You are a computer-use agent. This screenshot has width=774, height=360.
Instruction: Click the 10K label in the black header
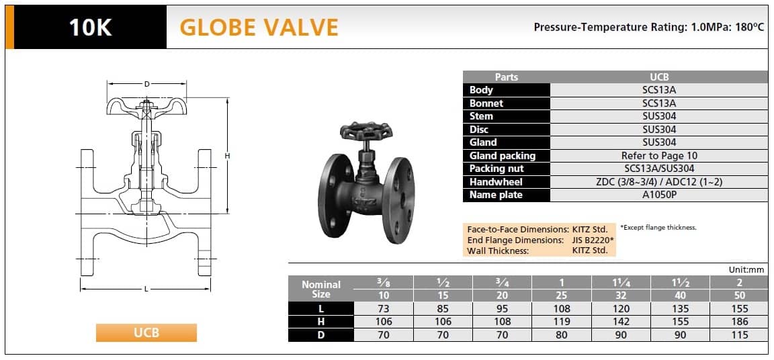(x=90, y=27)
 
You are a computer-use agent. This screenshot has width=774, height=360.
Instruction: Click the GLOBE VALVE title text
(x=259, y=27)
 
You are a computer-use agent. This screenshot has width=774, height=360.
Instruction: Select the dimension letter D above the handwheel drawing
(x=146, y=84)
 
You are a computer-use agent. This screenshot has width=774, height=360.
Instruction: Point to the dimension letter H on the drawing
(x=228, y=156)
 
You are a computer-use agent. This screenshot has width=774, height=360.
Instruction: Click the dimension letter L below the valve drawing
(x=146, y=289)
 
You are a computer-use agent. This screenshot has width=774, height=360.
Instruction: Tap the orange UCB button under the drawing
(x=146, y=332)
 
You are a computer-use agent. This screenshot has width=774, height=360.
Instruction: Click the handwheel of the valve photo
(x=366, y=130)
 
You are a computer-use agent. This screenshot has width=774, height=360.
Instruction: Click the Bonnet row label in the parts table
(x=486, y=103)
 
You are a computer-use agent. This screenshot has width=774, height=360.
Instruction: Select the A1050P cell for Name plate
(x=659, y=195)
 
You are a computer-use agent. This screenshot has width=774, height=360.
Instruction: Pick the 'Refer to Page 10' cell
(x=659, y=156)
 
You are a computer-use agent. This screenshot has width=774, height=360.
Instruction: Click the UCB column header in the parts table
(x=659, y=77)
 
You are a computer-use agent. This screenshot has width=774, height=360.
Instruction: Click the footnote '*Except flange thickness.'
(x=658, y=227)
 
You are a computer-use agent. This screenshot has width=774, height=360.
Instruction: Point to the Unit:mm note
(x=746, y=270)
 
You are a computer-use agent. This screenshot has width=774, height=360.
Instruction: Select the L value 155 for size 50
(x=739, y=309)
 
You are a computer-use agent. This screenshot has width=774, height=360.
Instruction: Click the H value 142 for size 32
(x=621, y=322)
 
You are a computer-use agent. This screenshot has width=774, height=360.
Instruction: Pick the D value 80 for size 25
(x=562, y=335)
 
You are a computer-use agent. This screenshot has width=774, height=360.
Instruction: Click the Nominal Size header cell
(x=321, y=289)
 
